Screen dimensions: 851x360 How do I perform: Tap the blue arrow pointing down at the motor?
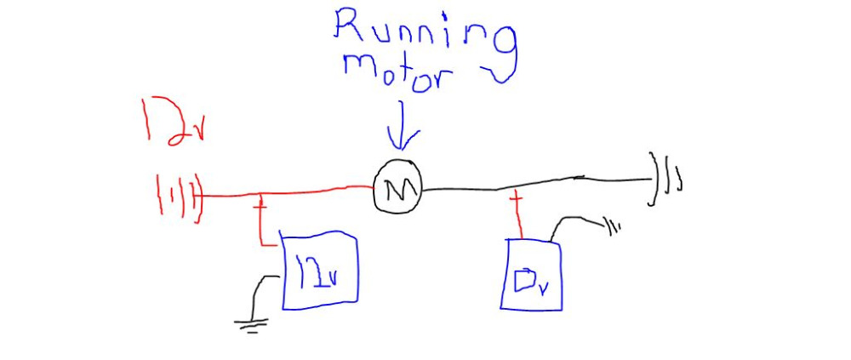(403, 125)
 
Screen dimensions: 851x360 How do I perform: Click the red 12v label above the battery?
(172, 123)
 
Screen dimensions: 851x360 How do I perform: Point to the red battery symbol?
(179, 199)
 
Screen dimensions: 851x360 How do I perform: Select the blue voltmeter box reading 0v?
(531, 275)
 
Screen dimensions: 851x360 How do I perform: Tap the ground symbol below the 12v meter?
(251, 325)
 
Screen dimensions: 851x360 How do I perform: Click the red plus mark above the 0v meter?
(517, 203)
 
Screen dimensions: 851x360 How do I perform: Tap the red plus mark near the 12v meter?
(261, 206)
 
